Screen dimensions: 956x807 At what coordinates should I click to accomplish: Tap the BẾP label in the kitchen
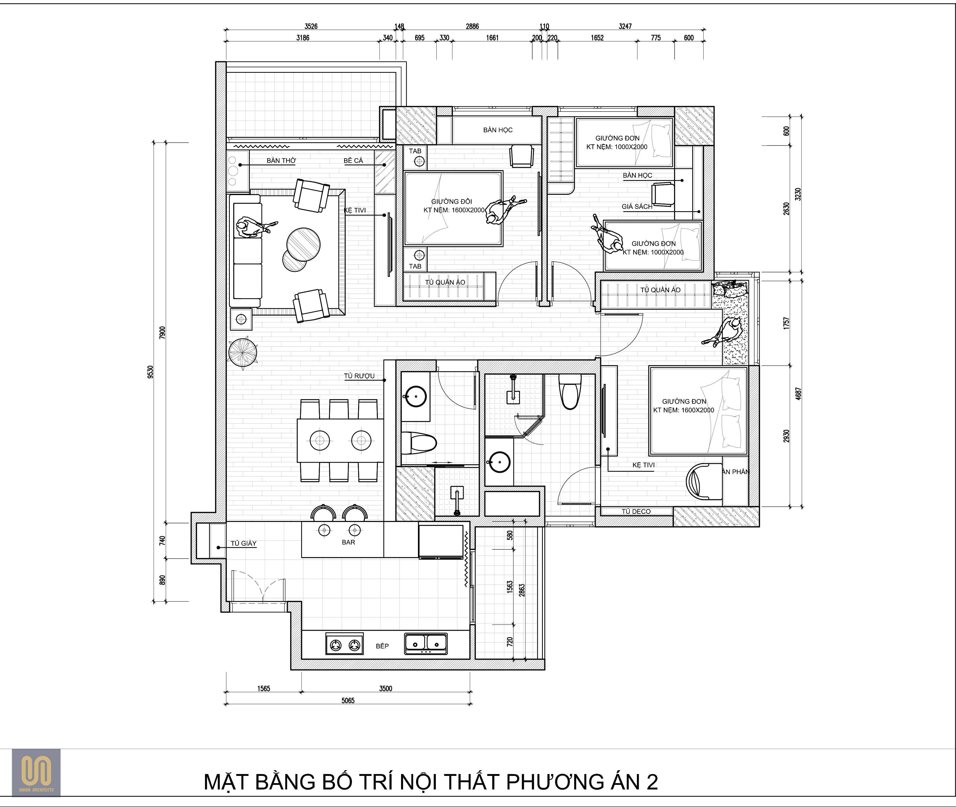382,646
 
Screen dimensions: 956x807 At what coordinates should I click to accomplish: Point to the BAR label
348,542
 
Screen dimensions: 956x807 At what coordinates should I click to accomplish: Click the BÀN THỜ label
281,161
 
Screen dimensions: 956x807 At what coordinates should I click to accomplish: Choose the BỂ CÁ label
353,161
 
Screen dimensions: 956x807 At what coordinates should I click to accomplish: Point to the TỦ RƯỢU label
359,376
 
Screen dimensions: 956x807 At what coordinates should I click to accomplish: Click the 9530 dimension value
150,372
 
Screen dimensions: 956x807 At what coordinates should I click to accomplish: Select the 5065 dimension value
348,700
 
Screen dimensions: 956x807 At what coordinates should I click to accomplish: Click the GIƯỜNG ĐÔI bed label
452,201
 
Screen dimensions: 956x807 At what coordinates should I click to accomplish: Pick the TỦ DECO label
636,511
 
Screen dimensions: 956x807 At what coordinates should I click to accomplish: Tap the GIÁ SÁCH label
637,207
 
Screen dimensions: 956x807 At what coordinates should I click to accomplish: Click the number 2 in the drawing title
652,782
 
